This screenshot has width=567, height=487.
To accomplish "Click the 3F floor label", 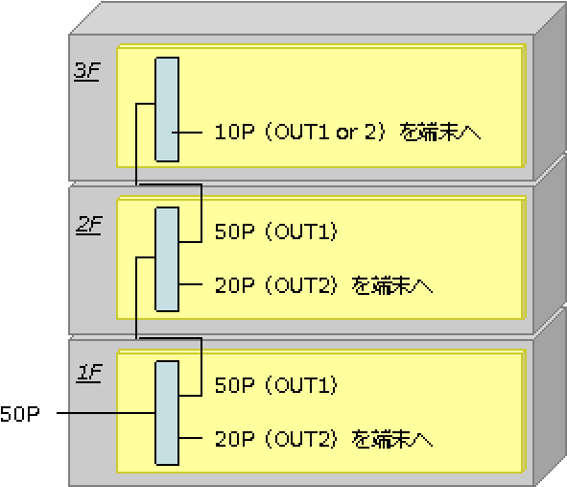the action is (86, 71).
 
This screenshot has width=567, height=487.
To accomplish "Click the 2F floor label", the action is (89, 225).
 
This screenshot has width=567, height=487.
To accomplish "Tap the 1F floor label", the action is (89, 373).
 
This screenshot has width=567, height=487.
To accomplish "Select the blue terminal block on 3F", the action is (167, 109).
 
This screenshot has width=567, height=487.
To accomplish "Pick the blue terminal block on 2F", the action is (167, 259).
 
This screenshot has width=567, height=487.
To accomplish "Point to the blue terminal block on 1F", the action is (167, 413).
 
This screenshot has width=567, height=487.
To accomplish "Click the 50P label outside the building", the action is (20, 413).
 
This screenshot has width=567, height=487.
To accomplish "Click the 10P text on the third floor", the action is (234, 132).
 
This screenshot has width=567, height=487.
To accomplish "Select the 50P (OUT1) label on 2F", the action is (276, 231).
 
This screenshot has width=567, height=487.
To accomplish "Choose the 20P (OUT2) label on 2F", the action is (276, 285).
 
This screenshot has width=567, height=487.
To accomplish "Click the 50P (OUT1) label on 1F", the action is (276, 385).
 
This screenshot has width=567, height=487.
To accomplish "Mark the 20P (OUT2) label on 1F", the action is (276, 439).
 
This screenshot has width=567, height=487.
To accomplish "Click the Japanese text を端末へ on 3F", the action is (440, 132).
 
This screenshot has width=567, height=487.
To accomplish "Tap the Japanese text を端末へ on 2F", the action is (392, 285).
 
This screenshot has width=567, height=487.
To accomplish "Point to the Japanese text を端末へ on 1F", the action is (392, 439).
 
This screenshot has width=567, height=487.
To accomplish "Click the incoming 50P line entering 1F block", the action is (106, 413).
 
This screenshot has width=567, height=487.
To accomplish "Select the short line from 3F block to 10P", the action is (187, 133).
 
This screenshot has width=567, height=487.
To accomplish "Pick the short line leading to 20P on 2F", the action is (191, 284).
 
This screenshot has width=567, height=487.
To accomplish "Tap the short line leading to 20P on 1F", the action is (191, 438).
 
